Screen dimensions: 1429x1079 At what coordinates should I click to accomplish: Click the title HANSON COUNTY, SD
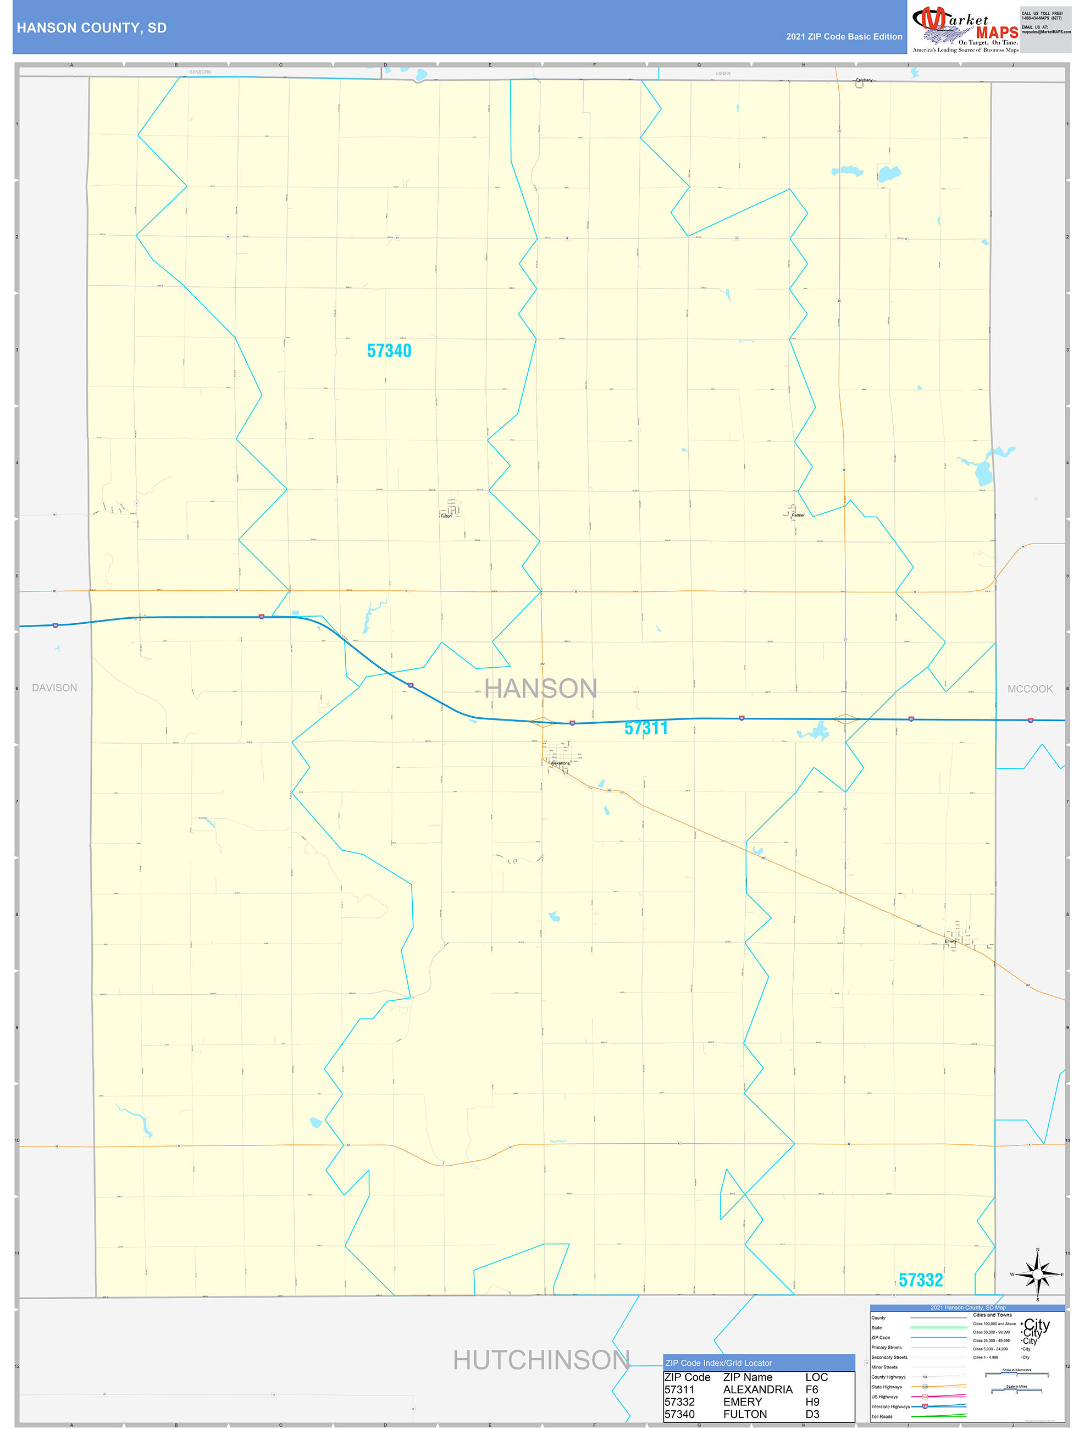pos(92,28)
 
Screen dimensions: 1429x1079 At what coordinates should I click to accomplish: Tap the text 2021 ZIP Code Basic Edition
pos(844,37)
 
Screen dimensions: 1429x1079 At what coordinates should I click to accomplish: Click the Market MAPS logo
pos(965,29)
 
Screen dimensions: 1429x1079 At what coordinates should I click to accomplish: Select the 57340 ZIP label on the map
pos(389,351)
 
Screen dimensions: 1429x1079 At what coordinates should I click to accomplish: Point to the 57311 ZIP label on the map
pos(645,728)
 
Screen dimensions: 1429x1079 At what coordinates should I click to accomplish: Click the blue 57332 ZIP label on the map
pos(921,1280)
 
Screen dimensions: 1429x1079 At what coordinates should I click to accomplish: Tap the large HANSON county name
pos(541,689)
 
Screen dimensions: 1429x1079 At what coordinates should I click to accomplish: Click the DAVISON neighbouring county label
pos(54,688)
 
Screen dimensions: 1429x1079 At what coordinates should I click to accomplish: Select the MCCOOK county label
pos(1030,689)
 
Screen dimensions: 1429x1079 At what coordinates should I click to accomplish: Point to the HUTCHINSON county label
pos(541,1360)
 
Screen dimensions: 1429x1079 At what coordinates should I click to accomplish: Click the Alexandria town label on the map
pos(560,763)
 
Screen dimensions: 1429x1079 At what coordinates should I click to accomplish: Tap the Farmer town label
pos(799,516)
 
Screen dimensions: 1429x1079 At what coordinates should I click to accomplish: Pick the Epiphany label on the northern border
pos(865,80)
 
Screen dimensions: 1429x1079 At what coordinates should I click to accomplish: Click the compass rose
pos(1037,1275)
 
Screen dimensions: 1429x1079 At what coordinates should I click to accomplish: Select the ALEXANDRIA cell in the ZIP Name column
pos(757,1389)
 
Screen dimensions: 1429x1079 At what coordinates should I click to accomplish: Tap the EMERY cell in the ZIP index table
pos(743,1401)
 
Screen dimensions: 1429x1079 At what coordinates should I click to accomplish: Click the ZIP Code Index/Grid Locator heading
pos(718,1363)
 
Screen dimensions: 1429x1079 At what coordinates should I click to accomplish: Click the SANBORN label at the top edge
pos(200,71)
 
